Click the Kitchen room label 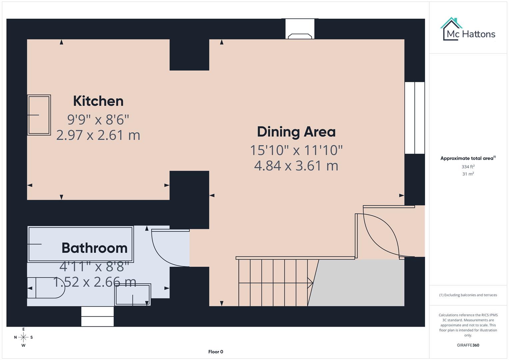98,101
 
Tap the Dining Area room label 296,132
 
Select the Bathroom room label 94,248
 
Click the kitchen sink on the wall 39,115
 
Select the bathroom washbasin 133,295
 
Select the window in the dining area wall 415,118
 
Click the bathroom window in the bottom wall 97,316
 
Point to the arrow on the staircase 310,283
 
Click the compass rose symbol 23,337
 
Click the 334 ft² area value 468,167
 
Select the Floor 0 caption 216,352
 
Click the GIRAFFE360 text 468,345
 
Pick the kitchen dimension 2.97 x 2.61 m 98,135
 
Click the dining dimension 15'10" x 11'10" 296,150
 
